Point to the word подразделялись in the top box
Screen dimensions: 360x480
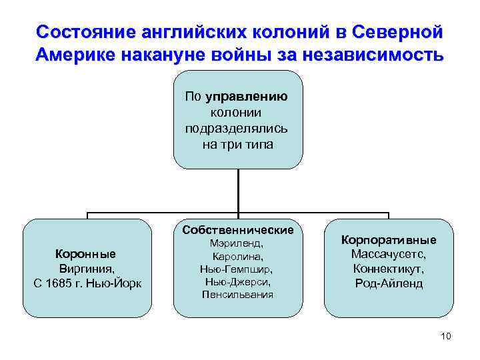(237, 129)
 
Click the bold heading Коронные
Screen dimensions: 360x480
(85, 253)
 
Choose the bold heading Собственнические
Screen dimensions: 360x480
(237, 230)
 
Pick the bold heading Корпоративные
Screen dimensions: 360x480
(389, 239)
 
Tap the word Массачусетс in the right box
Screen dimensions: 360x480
(389, 254)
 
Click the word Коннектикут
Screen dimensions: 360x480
(389, 269)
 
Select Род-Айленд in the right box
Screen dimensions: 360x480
(389, 283)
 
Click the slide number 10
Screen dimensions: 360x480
(446, 336)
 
